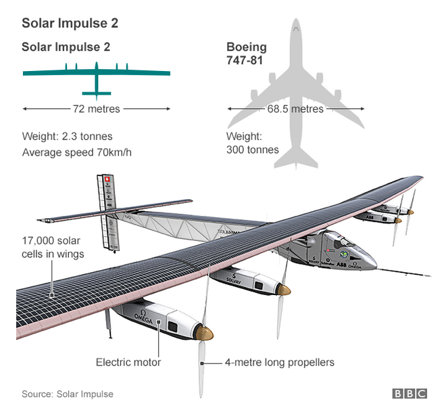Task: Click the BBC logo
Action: click(409, 393)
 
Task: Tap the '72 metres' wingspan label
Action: click(96, 109)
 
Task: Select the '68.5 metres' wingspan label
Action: click(295, 109)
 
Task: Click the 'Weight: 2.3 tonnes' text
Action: click(67, 136)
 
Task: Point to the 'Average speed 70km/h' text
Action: click(76, 152)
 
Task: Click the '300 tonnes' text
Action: click(252, 150)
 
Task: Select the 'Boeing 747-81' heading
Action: click(246, 53)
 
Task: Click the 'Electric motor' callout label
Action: click(128, 362)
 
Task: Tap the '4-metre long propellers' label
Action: click(280, 362)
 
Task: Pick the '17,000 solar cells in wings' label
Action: click(53, 247)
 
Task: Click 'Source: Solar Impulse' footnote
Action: click(68, 394)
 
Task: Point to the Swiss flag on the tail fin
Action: click(107, 179)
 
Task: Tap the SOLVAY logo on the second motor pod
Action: click(234, 279)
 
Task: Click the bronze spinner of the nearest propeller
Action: click(205, 333)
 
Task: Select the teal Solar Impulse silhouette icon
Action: click(97, 81)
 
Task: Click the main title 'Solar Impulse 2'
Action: click(70, 23)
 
